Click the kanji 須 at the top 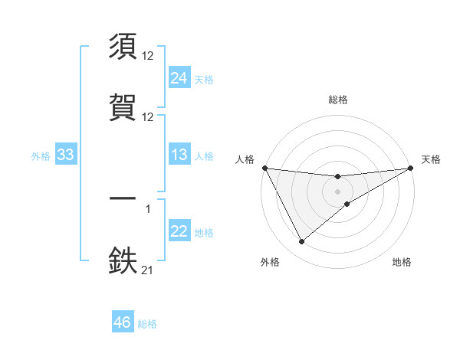pos(123,47)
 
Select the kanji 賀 pos(123,105)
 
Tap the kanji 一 pos(123,198)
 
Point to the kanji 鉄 pos(123,259)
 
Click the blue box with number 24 pos(179,78)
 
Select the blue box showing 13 pos(179,155)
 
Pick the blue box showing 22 pos(179,231)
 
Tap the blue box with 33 pos(65,155)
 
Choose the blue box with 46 pos(123,322)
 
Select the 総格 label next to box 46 pos(147,324)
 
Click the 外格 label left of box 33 pos(41,156)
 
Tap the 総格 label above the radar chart pos(338,100)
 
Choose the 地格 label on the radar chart pos(402,263)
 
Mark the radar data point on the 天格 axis pos(411,168)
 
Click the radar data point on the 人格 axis pos(264,168)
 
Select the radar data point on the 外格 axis pos(301,242)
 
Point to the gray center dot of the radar pos(337,191)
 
